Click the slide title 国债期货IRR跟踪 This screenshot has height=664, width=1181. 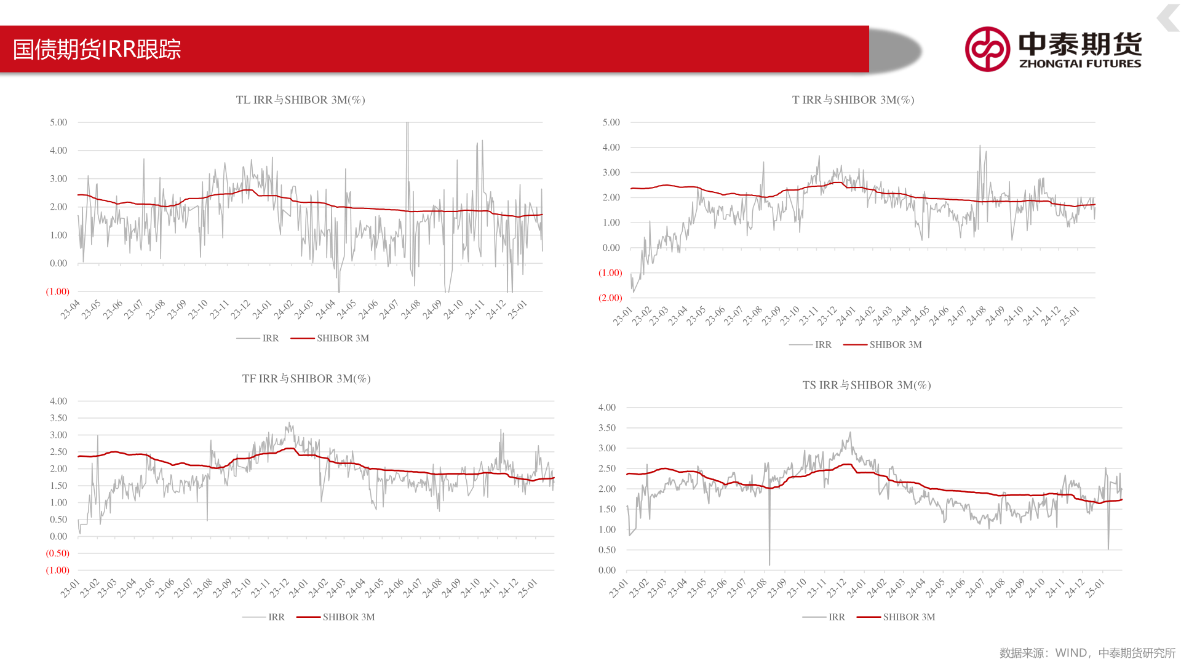97,49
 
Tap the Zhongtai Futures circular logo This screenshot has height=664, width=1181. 987,49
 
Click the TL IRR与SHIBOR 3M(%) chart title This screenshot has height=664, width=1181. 300,100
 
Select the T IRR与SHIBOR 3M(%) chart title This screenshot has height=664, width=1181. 853,100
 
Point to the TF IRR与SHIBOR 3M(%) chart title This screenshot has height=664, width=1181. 306,379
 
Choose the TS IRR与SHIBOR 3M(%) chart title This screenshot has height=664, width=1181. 866,385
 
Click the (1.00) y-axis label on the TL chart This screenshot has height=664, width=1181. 58,291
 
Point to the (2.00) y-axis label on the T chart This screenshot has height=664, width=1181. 610,298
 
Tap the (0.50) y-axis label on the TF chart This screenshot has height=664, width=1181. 58,553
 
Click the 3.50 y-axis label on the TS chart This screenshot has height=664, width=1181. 606,428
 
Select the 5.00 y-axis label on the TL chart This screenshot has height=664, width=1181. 58,122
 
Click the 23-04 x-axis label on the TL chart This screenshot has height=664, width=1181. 70,309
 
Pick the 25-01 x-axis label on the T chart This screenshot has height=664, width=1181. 1070,315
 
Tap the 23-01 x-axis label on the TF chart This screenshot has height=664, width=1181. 70,588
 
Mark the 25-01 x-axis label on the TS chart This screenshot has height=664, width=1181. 1095,588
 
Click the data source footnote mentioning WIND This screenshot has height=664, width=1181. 1087,653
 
